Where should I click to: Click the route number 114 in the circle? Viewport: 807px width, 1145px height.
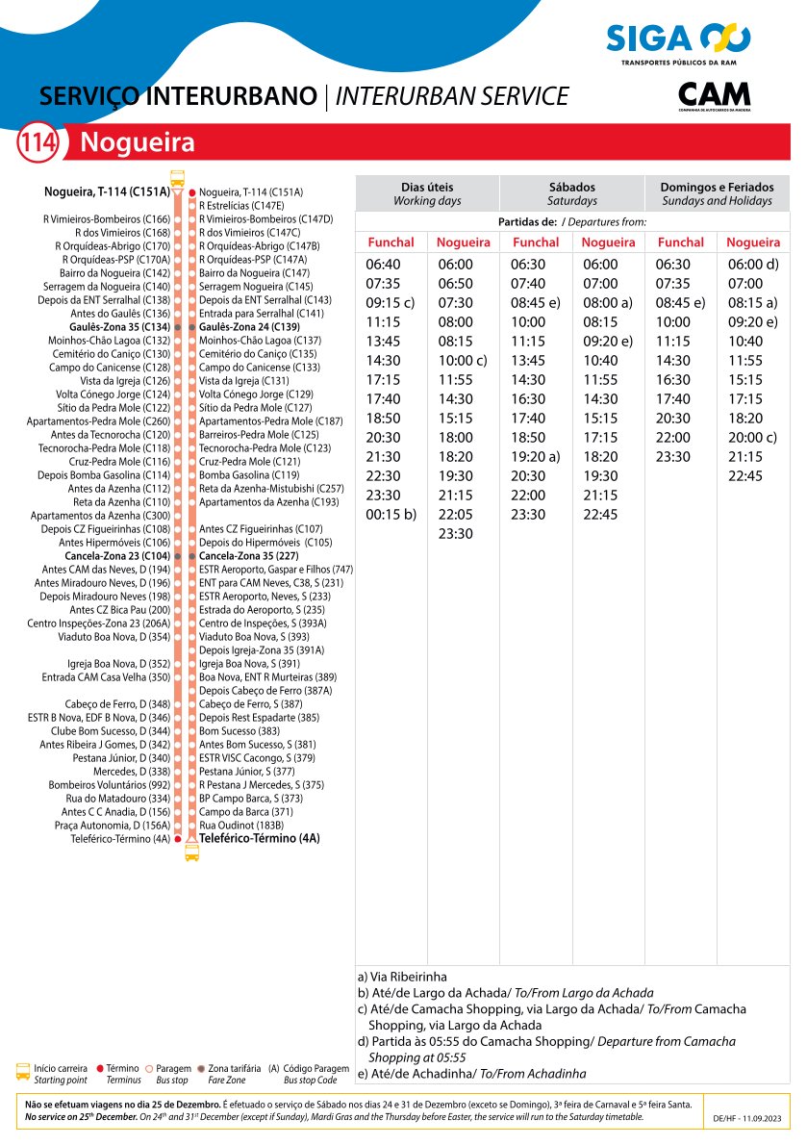[x=38, y=143]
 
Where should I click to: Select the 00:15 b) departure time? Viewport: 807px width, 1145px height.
[x=391, y=515]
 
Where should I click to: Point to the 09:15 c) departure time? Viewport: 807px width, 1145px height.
[x=391, y=303]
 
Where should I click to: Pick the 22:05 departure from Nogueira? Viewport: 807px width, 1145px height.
[x=455, y=515]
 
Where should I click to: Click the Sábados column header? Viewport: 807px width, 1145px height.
[x=572, y=193]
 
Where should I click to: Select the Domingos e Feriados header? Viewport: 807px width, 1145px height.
[x=717, y=193]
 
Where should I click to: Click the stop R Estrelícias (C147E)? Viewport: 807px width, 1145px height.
[x=240, y=206]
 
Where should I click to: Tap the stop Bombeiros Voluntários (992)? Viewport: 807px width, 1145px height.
[x=109, y=785]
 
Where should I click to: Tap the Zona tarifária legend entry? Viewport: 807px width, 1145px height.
[x=234, y=1068]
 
